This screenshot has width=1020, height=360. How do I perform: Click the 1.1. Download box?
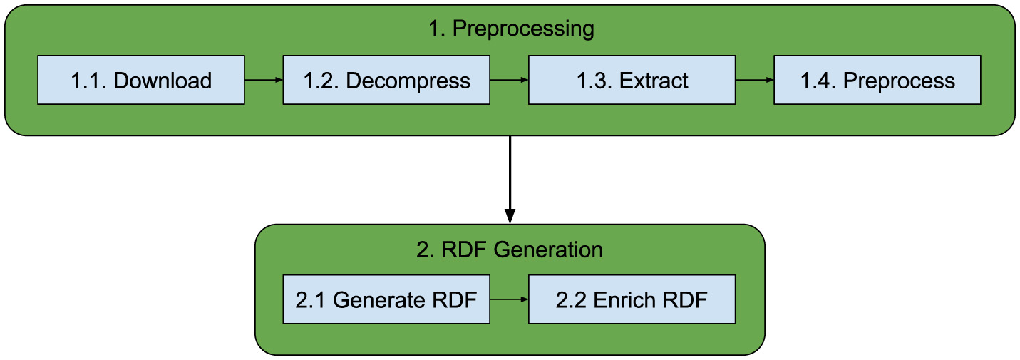pyautogui.click(x=140, y=81)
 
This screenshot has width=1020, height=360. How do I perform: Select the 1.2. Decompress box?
pyautogui.click(x=386, y=81)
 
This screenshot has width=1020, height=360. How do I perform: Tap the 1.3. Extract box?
pyautogui.click(x=632, y=81)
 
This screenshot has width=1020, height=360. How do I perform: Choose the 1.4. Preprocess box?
pyautogui.click(x=877, y=81)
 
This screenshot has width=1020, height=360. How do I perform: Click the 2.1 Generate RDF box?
pyautogui.click(x=386, y=299)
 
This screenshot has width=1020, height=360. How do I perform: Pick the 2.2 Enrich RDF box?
pyautogui.click(x=632, y=299)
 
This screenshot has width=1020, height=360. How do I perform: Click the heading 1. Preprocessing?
pyautogui.click(x=510, y=29)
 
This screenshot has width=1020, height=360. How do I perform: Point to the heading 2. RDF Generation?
pyautogui.click(x=510, y=250)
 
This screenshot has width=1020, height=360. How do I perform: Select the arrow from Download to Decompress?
pyautogui.click(x=264, y=81)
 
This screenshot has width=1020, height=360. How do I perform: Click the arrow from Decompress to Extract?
pyautogui.click(x=509, y=81)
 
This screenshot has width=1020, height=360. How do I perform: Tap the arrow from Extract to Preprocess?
pyautogui.click(x=754, y=81)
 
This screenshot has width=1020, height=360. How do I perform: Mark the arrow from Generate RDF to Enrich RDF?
pyautogui.click(x=509, y=299)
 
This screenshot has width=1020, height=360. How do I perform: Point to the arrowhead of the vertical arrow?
pyautogui.click(x=510, y=216)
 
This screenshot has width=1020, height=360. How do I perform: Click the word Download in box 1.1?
pyautogui.click(x=163, y=81)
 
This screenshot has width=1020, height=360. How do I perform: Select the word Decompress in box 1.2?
pyautogui.click(x=408, y=81)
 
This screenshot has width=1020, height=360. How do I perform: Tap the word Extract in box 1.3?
pyautogui.click(x=654, y=81)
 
